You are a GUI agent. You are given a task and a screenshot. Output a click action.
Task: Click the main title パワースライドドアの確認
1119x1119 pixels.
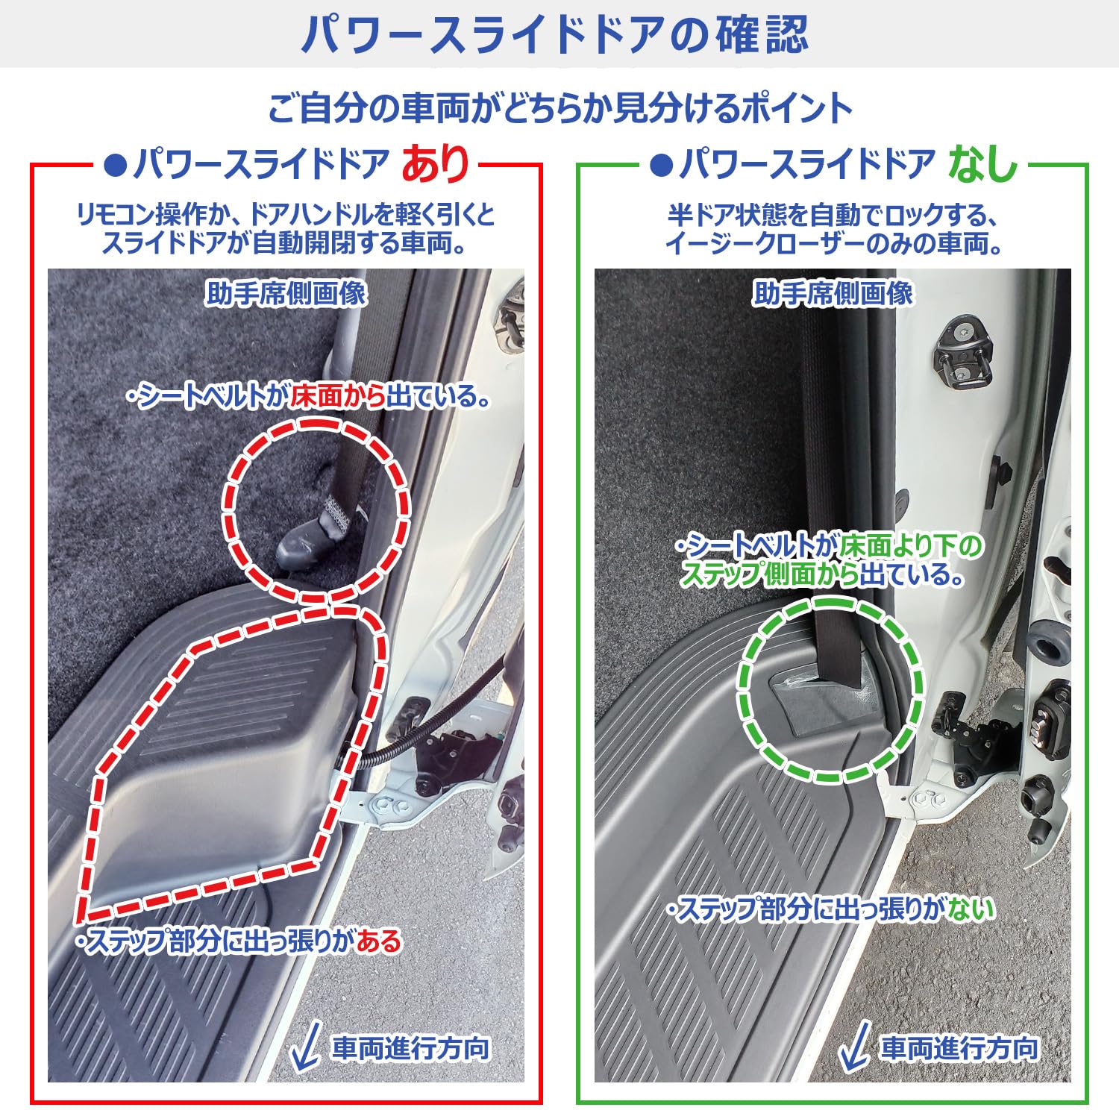pos(555,34)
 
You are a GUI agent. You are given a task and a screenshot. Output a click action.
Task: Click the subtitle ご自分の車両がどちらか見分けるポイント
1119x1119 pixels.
pos(559,109)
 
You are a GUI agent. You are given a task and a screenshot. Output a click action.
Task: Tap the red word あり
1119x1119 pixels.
pos(436,164)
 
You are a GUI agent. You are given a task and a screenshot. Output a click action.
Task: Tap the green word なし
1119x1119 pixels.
pos(983,164)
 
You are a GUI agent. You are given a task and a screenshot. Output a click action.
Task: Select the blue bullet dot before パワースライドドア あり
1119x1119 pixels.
pos(116,165)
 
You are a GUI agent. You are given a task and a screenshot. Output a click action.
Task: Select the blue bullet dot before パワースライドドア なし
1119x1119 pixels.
pos(661,165)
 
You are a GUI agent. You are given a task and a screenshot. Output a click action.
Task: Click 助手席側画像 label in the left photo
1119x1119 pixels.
pos(286,293)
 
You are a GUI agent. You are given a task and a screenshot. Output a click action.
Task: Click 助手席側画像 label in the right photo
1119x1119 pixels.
pos(833,293)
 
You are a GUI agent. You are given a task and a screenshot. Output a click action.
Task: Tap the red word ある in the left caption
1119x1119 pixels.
pos(379,941)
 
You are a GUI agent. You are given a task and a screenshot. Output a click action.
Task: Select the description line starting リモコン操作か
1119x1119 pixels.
pos(286,216)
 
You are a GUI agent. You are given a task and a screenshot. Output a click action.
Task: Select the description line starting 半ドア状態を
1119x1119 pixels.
pos(833,216)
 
